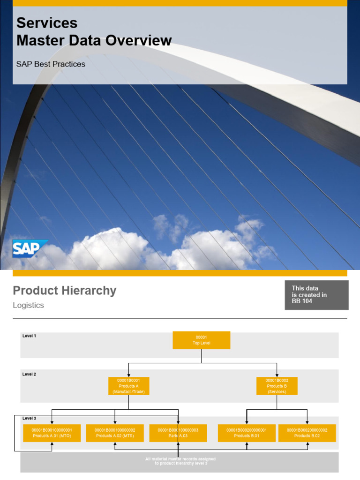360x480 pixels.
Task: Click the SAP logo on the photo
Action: click(x=30, y=248)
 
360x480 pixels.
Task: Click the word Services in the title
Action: click(x=47, y=23)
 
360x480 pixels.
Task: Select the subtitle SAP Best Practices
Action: click(x=51, y=64)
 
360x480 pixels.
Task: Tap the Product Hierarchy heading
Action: click(x=65, y=291)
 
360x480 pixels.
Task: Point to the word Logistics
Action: click(x=28, y=306)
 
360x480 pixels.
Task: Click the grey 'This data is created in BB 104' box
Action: click(x=316, y=295)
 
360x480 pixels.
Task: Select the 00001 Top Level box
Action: click(x=202, y=340)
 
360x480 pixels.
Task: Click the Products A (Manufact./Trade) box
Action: click(x=128, y=386)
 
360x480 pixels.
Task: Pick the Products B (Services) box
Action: click(x=277, y=386)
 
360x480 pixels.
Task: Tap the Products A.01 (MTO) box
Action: click(x=52, y=433)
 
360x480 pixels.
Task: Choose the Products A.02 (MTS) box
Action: click(x=115, y=433)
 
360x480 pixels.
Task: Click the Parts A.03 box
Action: click(x=178, y=433)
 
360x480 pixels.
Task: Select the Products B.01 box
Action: click(x=247, y=433)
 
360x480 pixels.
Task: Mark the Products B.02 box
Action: click(x=307, y=433)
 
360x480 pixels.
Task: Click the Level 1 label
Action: click(x=29, y=336)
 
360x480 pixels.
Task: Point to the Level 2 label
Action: click(x=29, y=374)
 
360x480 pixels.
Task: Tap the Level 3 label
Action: click(x=29, y=418)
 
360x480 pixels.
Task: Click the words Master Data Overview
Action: click(x=94, y=41)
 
